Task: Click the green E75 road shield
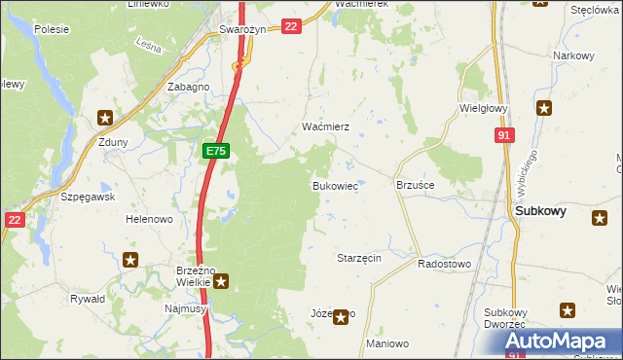(x=216, y=152)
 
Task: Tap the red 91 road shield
(x=503, y=136)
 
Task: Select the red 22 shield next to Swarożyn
(x=290, y=27)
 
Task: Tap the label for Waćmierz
(x=317, y=127)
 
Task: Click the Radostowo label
(x=444, y=264)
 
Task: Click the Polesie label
(x=51, y=29)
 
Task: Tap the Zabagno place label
(x=189, y=87)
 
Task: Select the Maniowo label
(x=387, y=344)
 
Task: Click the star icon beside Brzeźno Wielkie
(x=222, y=282)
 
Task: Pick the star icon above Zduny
(x=105, y=119)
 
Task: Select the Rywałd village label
(x=88, y=299)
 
